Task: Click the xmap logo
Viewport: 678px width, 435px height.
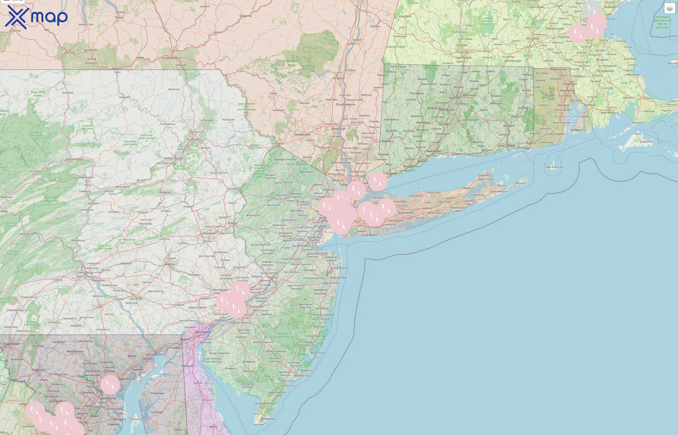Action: (x=36, y=17)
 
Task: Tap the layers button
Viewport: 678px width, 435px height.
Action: (x=669, y=8)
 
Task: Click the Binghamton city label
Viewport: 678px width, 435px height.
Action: (x=170, y=58)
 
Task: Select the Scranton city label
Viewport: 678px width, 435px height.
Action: (x=193, y=139)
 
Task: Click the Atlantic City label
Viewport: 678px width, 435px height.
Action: (x=302, y=376)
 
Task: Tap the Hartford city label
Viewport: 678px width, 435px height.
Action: (x=455, y=98)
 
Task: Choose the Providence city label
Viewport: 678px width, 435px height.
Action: (x=567, y=91)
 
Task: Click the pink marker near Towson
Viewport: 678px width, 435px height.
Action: (x=110, y=384)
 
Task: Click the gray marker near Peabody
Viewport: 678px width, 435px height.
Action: (x=592, y=10)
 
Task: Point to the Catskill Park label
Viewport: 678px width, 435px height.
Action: (x=291, y=63)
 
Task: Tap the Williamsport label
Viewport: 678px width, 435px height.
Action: (x=75, y=159)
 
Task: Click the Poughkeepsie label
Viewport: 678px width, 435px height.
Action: (x=346, y=104)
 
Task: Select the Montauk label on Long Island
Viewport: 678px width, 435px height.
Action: (x=520, y=183)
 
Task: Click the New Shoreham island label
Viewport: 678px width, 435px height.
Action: (x=554, y=167)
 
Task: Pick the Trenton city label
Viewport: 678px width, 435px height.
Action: (x=272, y=277)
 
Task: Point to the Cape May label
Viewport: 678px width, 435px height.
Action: (x=258, y=425)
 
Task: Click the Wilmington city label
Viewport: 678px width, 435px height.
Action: (x=203, y=332)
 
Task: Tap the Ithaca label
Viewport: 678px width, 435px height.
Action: (x=119, y=17)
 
